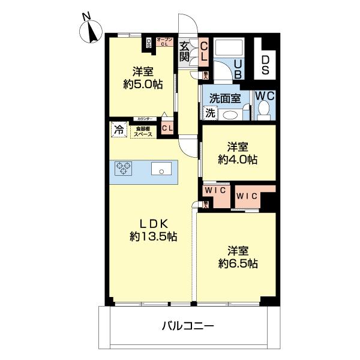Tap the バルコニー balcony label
(188, 326)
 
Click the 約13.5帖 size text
(153, 236)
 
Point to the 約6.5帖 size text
(238, 263)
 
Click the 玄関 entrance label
(185, 51)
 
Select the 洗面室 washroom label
(225, 97)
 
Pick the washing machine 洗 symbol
(210, 112)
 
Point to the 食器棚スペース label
(143, 130)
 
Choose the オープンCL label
(164, 41)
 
